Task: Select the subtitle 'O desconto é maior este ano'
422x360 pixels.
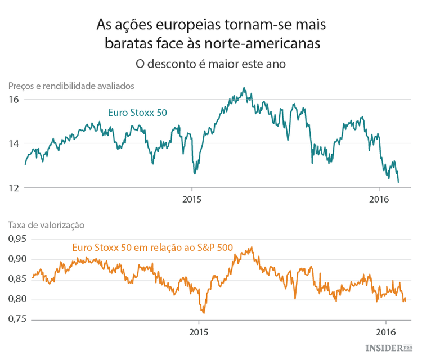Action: point(211,64)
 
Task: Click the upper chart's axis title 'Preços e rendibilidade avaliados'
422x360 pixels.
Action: point(70,86)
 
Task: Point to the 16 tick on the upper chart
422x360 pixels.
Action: point(14,100)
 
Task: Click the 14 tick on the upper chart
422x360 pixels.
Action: point(14,143)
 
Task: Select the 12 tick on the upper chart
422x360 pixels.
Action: point(14,187)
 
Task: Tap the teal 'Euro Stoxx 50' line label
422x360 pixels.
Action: point(137,112)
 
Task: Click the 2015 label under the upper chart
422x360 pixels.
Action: point(192,199)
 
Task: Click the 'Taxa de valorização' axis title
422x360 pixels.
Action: point(46,224)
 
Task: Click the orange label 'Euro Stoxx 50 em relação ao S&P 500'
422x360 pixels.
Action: point(152,246)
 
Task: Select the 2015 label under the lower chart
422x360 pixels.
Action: point(199,331)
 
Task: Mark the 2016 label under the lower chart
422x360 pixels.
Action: point(385,331)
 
